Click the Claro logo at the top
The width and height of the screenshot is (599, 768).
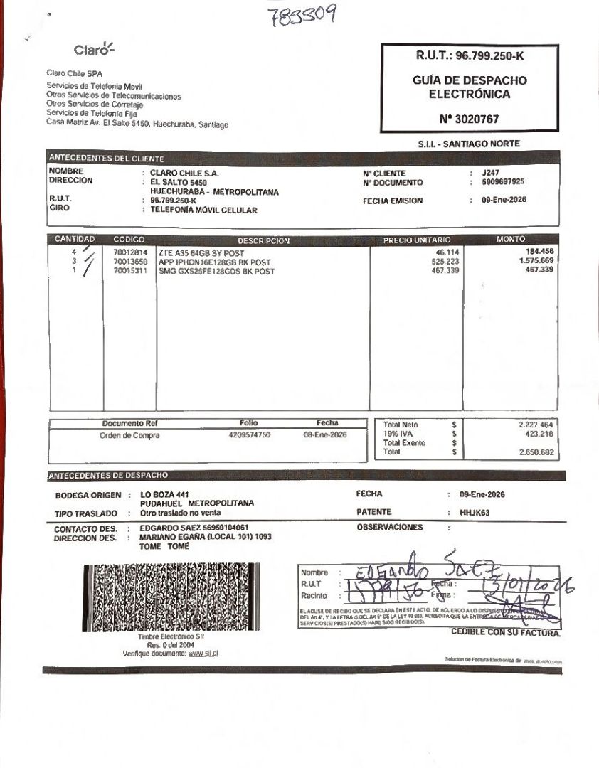pyautogui.click(x=94, y=50)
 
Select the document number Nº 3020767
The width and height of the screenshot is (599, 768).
pyautogui.click(x=469, y=119)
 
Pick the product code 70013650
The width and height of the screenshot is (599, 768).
pyautogui.click(x=130, y=262)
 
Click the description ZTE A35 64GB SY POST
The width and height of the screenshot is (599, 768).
pyautogui.click(x=201, y=252)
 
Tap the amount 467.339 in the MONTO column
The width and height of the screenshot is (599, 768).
pyautogui.click(x=540, y=271)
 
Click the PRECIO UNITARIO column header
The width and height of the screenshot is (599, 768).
pyautogui.click(x=417, y=240)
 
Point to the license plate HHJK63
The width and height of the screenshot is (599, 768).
pyautogui.click(x=475, y=512)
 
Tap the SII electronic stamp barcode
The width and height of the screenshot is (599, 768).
pyautogui.click(x=171, y=598)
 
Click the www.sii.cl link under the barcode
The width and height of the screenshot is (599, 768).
pyautogui.click(x=203, y=653)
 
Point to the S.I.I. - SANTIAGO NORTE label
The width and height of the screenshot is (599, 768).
pyautogui.click(x=469, y=144)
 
